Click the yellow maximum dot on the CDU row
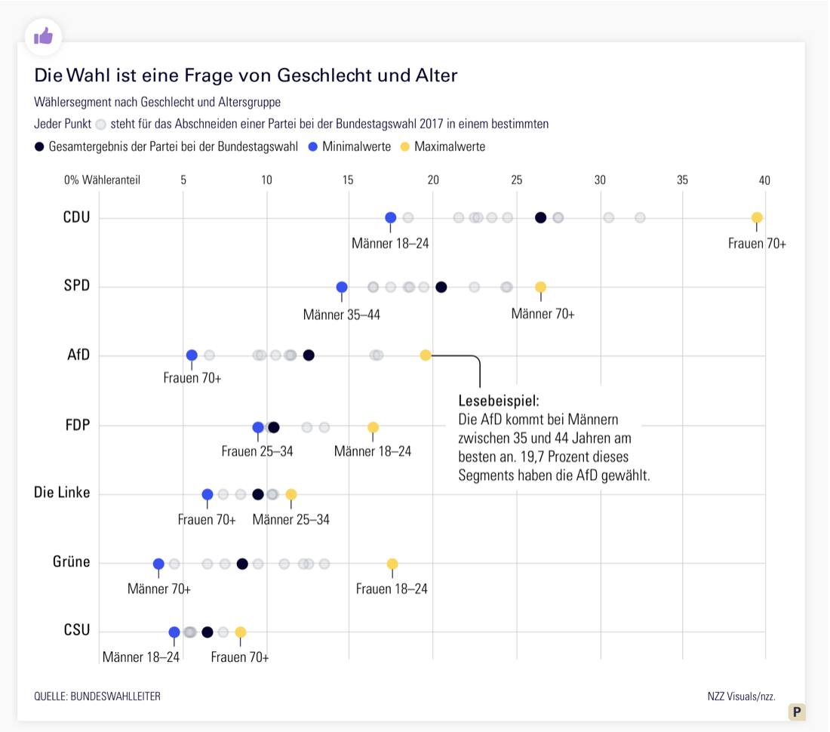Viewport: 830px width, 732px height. point(757,218)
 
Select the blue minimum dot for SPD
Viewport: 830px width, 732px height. point(342,287)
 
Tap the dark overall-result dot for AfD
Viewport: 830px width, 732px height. point(309,355)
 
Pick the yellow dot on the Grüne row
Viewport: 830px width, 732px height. point(392,564)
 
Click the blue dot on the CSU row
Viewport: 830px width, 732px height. point(174,632)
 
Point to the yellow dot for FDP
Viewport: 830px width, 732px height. point(373,427)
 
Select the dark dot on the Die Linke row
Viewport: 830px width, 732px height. point(258,494)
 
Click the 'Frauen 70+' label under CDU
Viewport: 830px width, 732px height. point(757,243)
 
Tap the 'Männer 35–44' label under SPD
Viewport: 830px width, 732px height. point(342,314)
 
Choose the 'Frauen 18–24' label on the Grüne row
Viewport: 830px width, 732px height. point(392,589)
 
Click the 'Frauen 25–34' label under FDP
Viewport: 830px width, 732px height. point(257,451)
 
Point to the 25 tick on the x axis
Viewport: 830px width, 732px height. point(517,180)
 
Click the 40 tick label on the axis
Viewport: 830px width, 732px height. point(764,180)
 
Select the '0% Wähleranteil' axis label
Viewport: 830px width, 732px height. point(102,180)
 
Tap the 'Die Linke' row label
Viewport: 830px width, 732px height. point(62,493)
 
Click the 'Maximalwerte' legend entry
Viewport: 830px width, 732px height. point(449,146)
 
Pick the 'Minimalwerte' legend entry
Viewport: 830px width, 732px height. point(356,146)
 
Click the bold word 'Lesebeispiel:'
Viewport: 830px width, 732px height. point(499,400)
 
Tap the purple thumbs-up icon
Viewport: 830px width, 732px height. point(43,35)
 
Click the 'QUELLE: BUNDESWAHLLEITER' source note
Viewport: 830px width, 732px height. point(97,696)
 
